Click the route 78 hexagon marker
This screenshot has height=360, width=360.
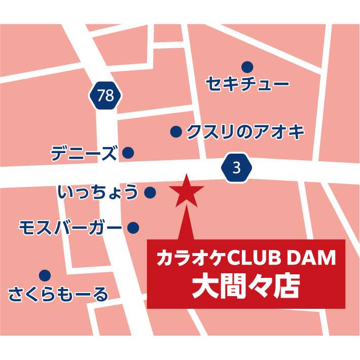coord(106,95)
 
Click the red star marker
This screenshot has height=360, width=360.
coord(187,191)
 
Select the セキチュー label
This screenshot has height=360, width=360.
coord(247,84)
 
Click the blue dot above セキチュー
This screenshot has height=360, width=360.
coord(247,66)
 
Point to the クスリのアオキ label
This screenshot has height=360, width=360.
coord(245,132)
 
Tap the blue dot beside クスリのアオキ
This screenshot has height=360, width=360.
coord(175,132)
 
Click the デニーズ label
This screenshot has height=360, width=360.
coord(84,153)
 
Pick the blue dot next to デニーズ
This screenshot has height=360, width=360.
coord(128,152)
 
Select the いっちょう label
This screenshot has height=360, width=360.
coord(98,193)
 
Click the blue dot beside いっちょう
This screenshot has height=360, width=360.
coord(150,193)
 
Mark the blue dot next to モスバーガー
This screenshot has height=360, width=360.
coord(133,228)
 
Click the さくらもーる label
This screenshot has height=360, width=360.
coord(59,294)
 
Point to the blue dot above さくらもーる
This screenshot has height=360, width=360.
coord(45,275)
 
